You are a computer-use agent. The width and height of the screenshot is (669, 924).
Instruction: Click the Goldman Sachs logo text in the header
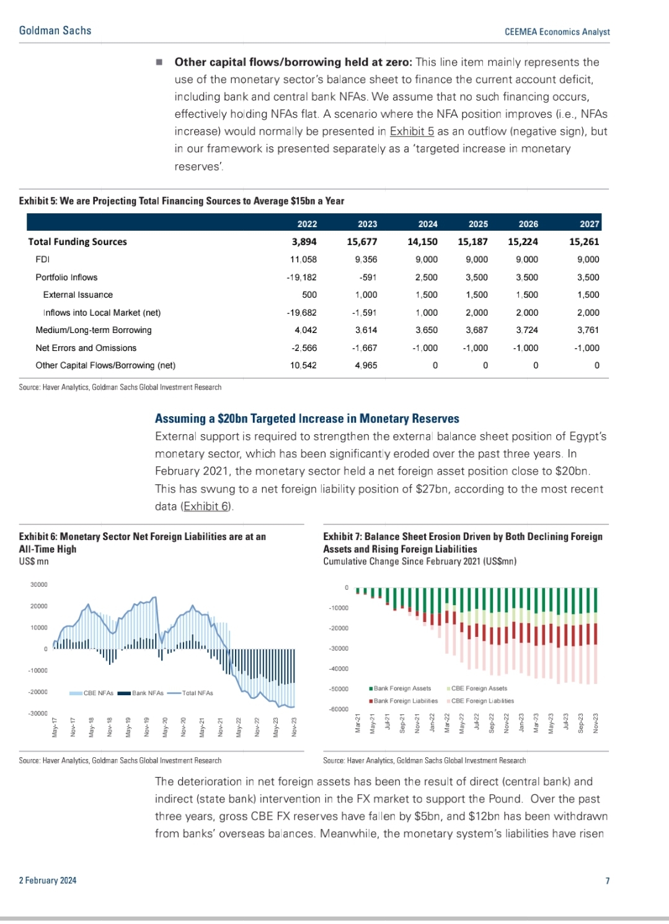[55, 30]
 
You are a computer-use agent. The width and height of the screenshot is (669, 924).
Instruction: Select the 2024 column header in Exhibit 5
[427, 224]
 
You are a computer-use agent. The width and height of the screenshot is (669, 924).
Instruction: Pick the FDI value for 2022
[303, 259]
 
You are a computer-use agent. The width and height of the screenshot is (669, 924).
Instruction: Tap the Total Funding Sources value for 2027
[584, 242]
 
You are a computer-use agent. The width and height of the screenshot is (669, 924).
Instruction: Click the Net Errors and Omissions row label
[86, 348]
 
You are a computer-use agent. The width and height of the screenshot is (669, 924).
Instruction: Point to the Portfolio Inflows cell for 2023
[368, 277]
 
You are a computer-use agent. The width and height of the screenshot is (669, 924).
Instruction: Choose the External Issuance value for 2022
[309, 295]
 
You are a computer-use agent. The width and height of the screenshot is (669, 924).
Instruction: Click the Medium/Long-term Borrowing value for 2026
[527, 330]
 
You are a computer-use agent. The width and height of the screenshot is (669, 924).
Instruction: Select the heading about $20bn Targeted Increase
[307, 419]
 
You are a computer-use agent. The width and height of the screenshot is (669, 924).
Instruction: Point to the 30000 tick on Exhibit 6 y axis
[38, 585]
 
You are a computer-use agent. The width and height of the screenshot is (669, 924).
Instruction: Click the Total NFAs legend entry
[197, 693]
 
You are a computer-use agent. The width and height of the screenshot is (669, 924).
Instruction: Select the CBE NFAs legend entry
[98, 693]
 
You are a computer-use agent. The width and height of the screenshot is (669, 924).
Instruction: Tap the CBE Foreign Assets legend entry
[479, 688]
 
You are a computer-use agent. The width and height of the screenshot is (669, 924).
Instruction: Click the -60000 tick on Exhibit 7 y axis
[339, 709]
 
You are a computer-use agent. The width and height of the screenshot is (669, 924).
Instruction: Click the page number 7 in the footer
[608, 881]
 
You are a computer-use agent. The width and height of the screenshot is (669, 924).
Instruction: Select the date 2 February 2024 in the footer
[48, 881]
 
